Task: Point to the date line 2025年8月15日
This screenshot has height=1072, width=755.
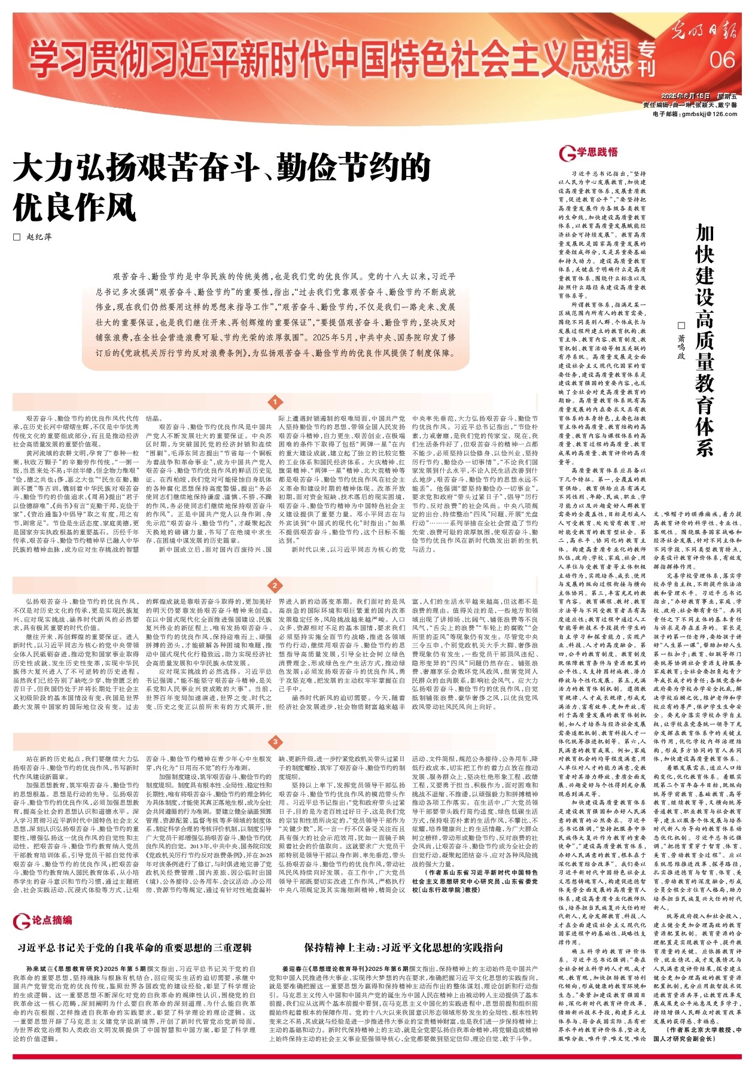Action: click(686, 96)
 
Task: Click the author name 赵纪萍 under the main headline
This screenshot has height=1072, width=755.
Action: click(39, 237)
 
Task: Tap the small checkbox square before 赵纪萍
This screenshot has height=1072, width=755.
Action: click(17, 237)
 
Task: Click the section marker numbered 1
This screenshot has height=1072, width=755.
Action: click(275, 402)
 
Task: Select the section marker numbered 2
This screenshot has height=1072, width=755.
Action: click(275, 586)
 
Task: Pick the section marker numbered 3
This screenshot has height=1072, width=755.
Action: click(275, 742)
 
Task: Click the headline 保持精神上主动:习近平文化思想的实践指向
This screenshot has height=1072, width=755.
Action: click(403, 948)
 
